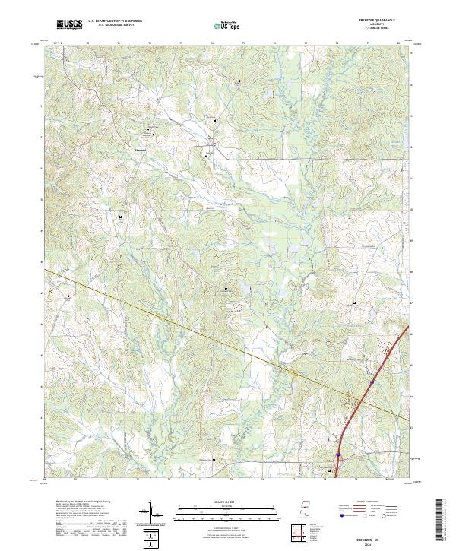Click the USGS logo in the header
coord(70,25)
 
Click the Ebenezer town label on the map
coord(141,149)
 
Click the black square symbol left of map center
coord(226,290)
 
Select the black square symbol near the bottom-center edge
coord(214,460)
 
